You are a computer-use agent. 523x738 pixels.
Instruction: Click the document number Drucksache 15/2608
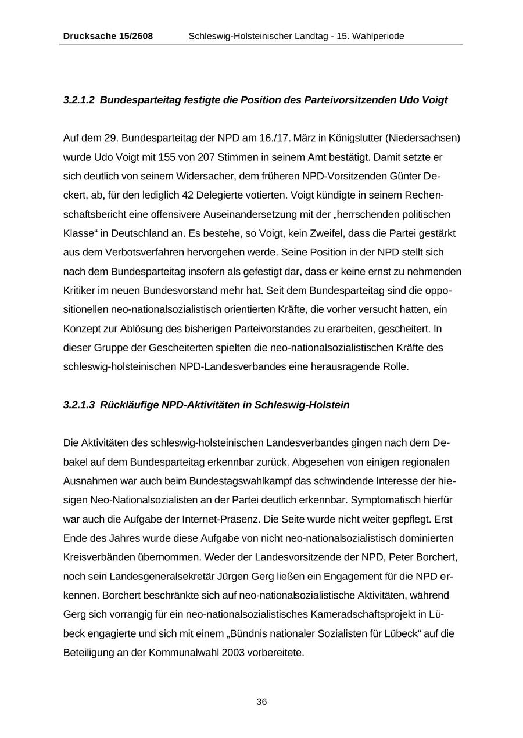click(108, 36)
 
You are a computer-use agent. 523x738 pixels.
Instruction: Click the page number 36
click(261, 702)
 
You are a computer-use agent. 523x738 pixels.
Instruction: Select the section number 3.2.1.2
click(79, 100)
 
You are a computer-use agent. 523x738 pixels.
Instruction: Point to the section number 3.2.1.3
click(79, 405)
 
